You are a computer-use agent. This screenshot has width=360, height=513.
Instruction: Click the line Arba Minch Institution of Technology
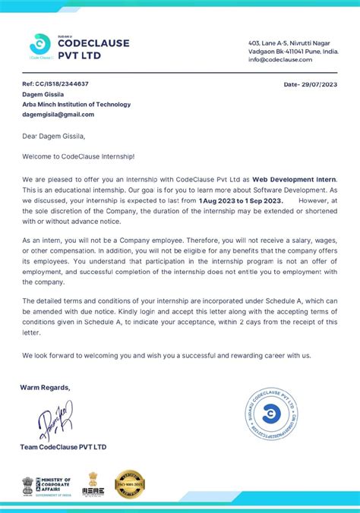[76, 104]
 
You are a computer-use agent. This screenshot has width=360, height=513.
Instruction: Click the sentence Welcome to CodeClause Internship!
[77, 156]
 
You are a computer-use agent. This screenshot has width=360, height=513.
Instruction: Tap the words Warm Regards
[45, 387]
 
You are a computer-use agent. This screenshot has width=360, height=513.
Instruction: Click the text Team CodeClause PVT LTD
[64, 447]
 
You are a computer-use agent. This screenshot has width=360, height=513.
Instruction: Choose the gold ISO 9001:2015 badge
[130, 485]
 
